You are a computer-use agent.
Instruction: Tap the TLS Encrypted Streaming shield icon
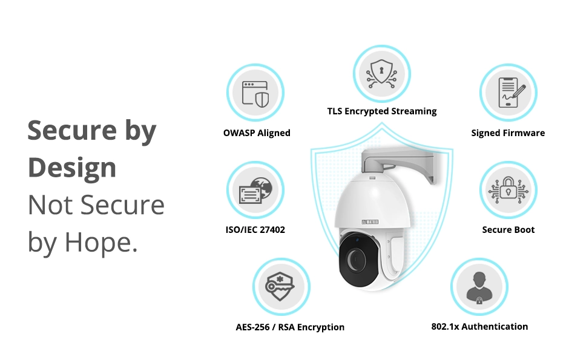click(x=381, y=73)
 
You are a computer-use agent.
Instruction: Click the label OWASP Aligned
click(x=257, y=133)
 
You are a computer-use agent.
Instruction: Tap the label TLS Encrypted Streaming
click(x=381, y=111)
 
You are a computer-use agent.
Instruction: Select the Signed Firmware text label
click(x=508, y=133)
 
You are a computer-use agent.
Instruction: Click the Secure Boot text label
click(x=508, y=230)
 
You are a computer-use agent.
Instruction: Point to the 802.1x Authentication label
click(x=479, y=327)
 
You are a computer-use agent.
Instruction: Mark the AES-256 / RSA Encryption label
click(x=290, y=327)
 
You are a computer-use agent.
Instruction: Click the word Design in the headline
click(x=72, y=168)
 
